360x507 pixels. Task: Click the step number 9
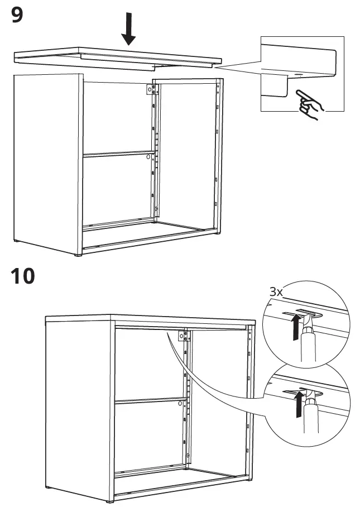[17, 15]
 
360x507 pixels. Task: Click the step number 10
[22, 275]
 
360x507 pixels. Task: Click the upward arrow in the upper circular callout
[291, 327]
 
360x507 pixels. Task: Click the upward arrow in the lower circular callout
[300, 404]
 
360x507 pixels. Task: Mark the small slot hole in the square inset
[296, 74]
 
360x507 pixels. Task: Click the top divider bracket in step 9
[150, 90]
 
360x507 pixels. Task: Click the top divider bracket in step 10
[181, 336]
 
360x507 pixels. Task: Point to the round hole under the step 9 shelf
[148, 158]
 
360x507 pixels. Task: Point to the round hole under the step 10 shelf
[182, 404]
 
